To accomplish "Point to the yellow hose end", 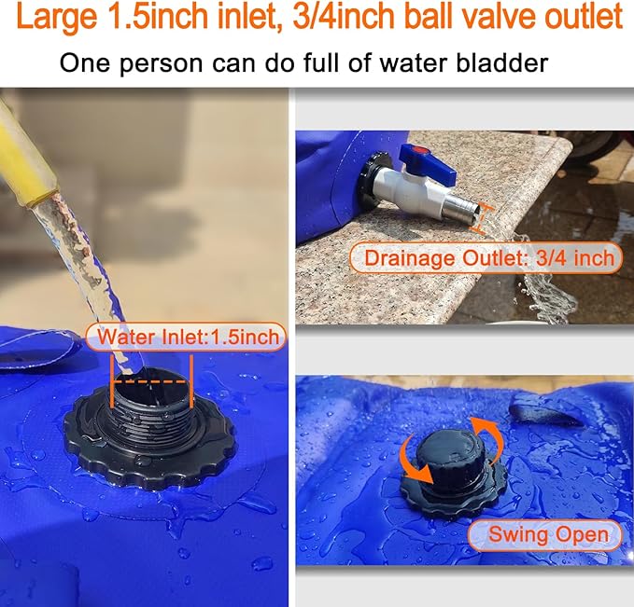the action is pyautogui.click(x=25, y=161).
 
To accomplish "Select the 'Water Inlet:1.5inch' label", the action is pyautogui.click(x=186, y=338).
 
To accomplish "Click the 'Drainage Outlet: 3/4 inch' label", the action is pyautogui.click(x=486, y=257).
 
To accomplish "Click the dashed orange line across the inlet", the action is pyautogui.click(x=151, y=381).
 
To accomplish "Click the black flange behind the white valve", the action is pyautogui.click(x=372, y=183).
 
